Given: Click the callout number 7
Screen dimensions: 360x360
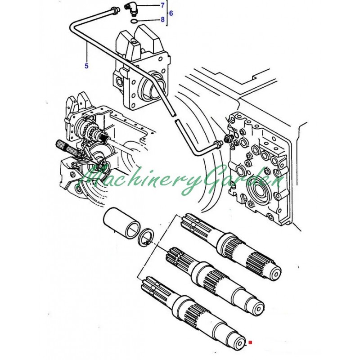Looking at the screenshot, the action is point(162,5).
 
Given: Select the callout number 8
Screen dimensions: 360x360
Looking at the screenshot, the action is point(162,19).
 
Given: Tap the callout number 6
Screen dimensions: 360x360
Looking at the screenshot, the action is point(171,13).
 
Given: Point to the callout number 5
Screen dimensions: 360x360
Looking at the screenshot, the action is point(86,66).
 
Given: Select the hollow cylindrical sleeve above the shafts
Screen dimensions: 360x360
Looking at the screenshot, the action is point(121,222).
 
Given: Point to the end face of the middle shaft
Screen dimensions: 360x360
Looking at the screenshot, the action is point(259,308).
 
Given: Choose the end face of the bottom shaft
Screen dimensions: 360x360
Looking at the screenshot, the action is point(240,343).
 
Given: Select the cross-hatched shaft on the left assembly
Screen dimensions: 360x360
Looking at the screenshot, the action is point(68,148).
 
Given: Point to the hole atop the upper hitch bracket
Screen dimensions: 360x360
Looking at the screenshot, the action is point(134,41).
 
